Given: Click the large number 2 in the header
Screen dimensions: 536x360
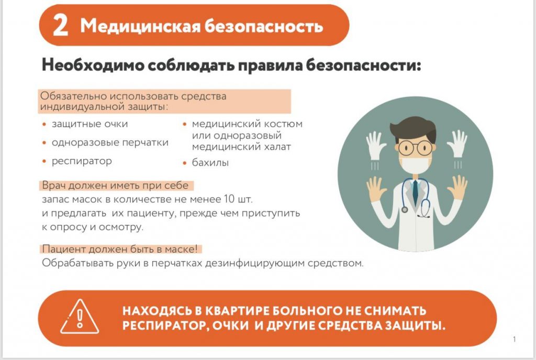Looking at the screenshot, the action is [61, 26].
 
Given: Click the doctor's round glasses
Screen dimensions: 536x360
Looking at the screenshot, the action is [415, 148].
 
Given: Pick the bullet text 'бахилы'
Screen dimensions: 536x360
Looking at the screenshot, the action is [210, 163].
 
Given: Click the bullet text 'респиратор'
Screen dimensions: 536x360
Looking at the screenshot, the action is [82, 161].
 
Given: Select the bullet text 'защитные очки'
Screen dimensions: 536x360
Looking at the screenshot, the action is [90, 124].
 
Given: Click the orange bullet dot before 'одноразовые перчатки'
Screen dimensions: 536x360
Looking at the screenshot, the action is [44, 143].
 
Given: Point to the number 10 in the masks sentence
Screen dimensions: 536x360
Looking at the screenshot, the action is [229, 198].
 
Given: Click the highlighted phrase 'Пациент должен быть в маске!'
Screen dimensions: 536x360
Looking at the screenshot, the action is [120, 249].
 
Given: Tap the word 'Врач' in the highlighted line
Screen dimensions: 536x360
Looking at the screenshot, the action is [54, 185].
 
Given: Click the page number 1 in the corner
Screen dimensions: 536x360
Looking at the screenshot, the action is [514, 339].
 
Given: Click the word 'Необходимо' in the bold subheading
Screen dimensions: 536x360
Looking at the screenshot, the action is [93, 65].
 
